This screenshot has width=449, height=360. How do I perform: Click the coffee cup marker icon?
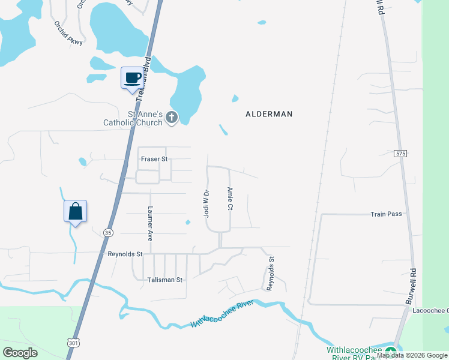133,78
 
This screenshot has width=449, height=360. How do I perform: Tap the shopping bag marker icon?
75,211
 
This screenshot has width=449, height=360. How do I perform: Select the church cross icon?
172,118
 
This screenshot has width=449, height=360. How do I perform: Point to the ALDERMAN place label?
268,113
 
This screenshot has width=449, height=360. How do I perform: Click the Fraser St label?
154,159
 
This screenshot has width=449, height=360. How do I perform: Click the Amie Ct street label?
229,198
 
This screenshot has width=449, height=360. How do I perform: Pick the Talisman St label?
165,280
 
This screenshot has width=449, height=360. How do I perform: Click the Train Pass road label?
386,214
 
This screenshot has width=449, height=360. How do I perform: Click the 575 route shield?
401,154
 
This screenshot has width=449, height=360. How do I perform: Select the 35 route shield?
108,232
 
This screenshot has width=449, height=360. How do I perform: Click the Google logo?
20,353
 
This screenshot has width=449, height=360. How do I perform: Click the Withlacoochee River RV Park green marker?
391,352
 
